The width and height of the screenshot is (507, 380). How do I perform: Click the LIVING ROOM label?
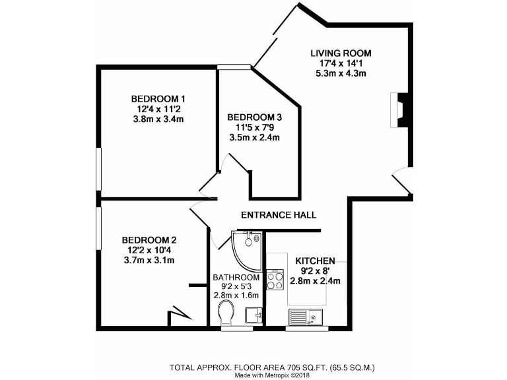[x=341, y=53]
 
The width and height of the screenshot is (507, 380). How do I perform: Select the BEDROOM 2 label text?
[x=149, y=240]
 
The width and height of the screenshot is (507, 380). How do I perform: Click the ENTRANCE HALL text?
[x=278, y=215]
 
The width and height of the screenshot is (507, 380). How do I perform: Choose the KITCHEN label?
[x=315, y=261]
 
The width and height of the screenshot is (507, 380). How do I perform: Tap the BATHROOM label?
[x=236, y=277]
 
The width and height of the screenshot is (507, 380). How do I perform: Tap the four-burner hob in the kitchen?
[x=275, y=280]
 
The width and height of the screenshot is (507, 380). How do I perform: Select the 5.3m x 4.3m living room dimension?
[x=341, y=73]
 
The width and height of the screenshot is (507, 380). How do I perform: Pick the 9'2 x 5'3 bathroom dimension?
[x=236, y=286]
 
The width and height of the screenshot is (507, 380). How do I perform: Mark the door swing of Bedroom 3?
[x=233, y=166]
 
